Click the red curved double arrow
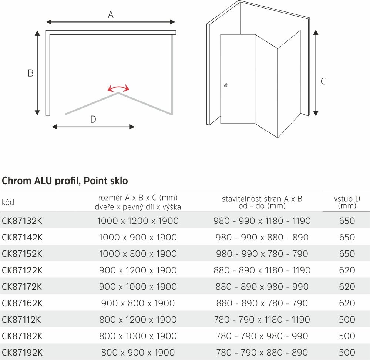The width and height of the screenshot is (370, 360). coord(118,88)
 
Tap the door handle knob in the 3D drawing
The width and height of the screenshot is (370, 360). coord(226,85)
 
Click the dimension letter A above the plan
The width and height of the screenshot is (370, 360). coord(110,15)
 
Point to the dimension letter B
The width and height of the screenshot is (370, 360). coord(31,73)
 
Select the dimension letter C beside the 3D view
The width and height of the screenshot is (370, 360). coord(323,81)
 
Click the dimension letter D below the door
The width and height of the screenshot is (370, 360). coord(93,119)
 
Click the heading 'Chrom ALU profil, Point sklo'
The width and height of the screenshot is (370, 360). coord(65,181)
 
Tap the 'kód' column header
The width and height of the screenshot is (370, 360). coord(8,202)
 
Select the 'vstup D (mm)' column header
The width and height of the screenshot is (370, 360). coord(347,202)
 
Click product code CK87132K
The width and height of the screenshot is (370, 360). coord(22,221)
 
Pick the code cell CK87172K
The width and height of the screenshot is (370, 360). coord(22,287)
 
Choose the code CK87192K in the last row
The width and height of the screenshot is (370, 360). coord(22,353)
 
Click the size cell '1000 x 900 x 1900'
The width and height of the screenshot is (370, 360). coord(138,238)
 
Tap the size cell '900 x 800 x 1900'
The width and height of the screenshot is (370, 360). coord(138,303)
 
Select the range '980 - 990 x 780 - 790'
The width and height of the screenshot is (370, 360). coord(261,254)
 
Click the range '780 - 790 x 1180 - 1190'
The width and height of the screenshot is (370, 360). coord(262,320)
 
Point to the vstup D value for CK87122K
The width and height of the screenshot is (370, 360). coord(347,270)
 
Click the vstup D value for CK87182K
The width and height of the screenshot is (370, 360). coord(347,336)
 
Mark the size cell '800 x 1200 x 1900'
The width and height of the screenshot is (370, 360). coord(138,320)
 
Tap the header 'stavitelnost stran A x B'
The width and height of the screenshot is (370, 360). coord(262,199)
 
